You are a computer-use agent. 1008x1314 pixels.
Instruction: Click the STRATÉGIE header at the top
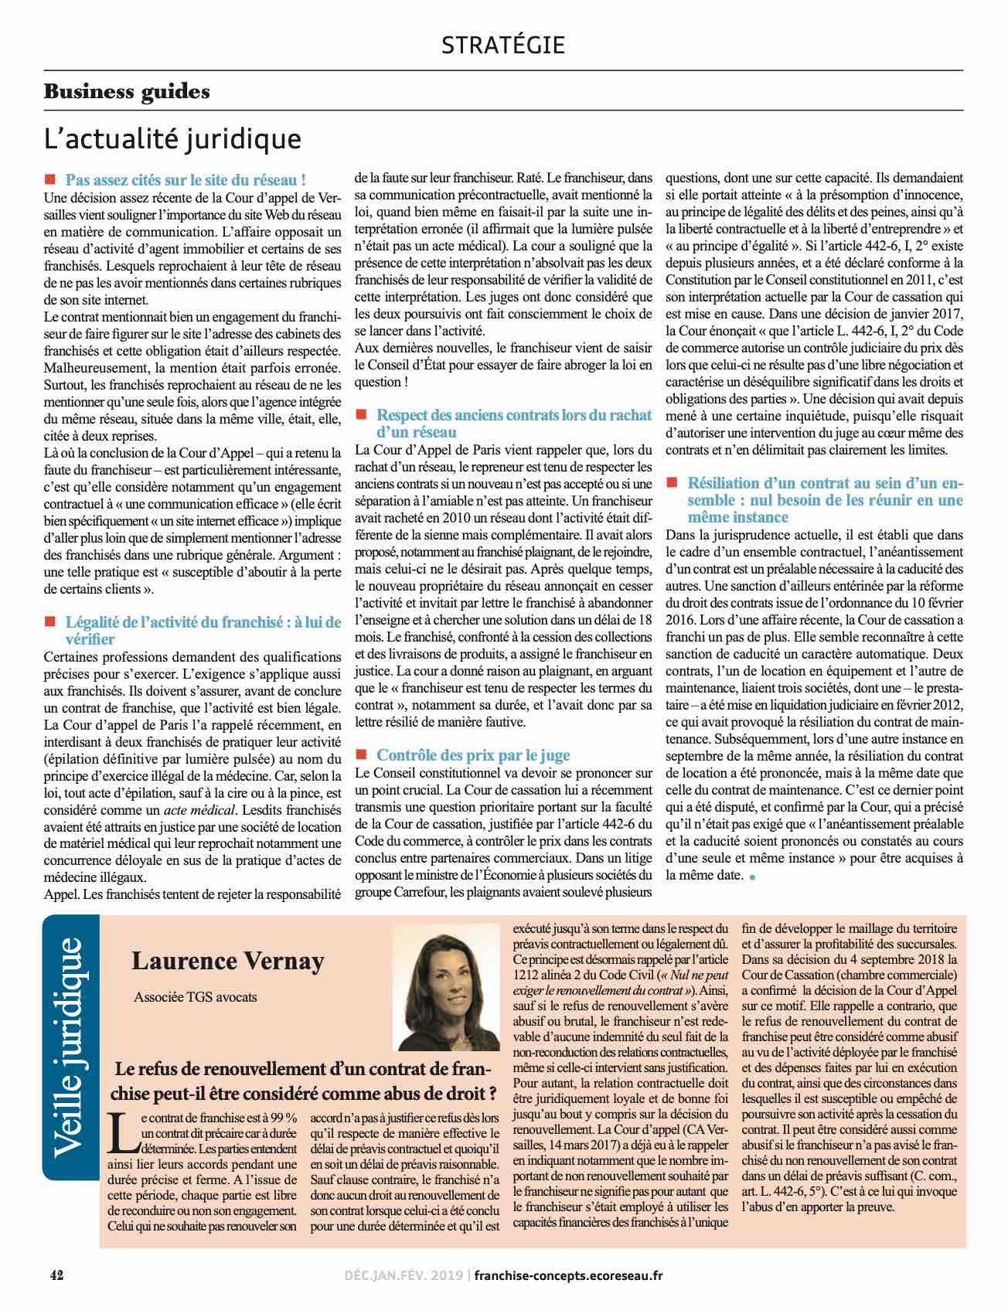[503, 45]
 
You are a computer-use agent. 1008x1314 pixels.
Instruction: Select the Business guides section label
[127, 91]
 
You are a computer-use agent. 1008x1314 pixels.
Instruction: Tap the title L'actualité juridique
[172, 139]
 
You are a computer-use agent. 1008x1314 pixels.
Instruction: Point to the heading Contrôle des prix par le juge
[473, 754]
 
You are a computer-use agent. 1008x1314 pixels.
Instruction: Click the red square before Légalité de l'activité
[51, 621]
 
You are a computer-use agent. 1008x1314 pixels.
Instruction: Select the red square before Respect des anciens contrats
[360, 415]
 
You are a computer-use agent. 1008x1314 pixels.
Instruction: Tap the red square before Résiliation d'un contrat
[672, 482]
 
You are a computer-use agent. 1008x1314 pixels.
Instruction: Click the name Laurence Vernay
[228, 961]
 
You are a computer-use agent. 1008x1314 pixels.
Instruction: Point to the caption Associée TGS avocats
[196, 996]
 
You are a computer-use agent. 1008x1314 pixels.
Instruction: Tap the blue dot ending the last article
[752, 877]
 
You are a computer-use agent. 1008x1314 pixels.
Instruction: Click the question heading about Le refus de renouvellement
[305, 1082]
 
